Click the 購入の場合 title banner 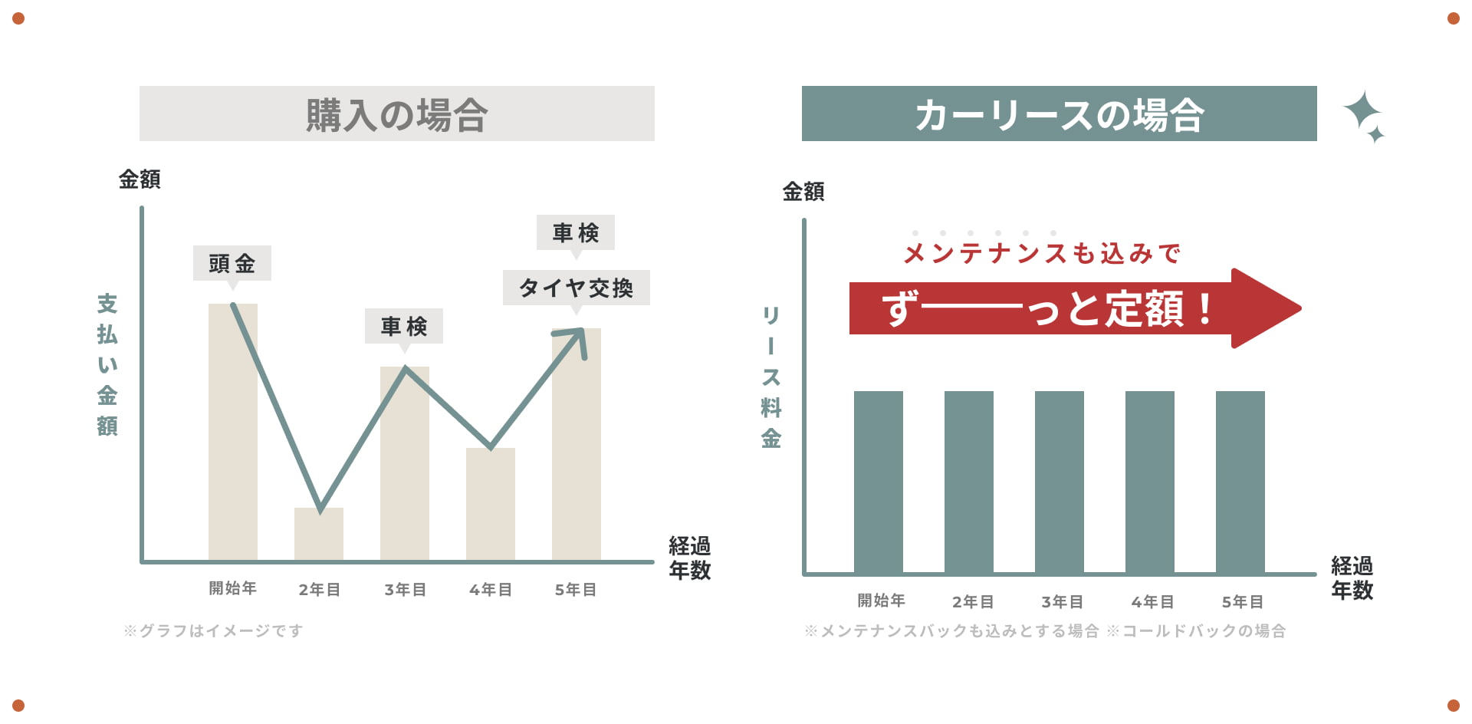coord(396,114)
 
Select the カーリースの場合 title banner coord(1059,114)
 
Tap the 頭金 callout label coord(232,263)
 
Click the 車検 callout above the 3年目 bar coord(403,326)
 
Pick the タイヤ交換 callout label coord(576,288)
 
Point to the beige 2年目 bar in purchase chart coord(318,535)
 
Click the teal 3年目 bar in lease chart coord(1059,482)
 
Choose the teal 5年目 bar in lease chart coord(1240,482)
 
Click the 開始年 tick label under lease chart coord(881,601)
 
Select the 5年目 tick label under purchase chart coord(576,590)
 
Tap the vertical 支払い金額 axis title coord(107,364)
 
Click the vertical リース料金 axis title coord(770,377)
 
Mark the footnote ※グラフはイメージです coord(213,630)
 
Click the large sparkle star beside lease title coord(1362,111)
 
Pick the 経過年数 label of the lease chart coord(1352,578)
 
